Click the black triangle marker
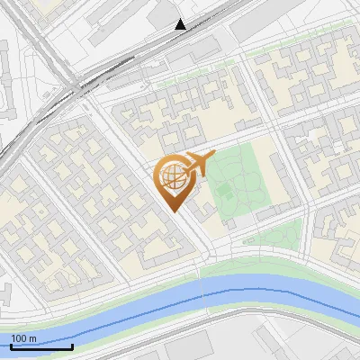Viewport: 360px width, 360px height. pyautogui.click(x=181, y=24)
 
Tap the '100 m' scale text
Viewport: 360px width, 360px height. pyautogui.click(x=24, y=338)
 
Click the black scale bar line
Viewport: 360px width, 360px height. pyautogui.click(x=40, y=346)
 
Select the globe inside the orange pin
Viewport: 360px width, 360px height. pyautogui.click(x=172, y=177)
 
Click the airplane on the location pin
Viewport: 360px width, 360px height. pyautogui.click(x=196, y=163)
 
